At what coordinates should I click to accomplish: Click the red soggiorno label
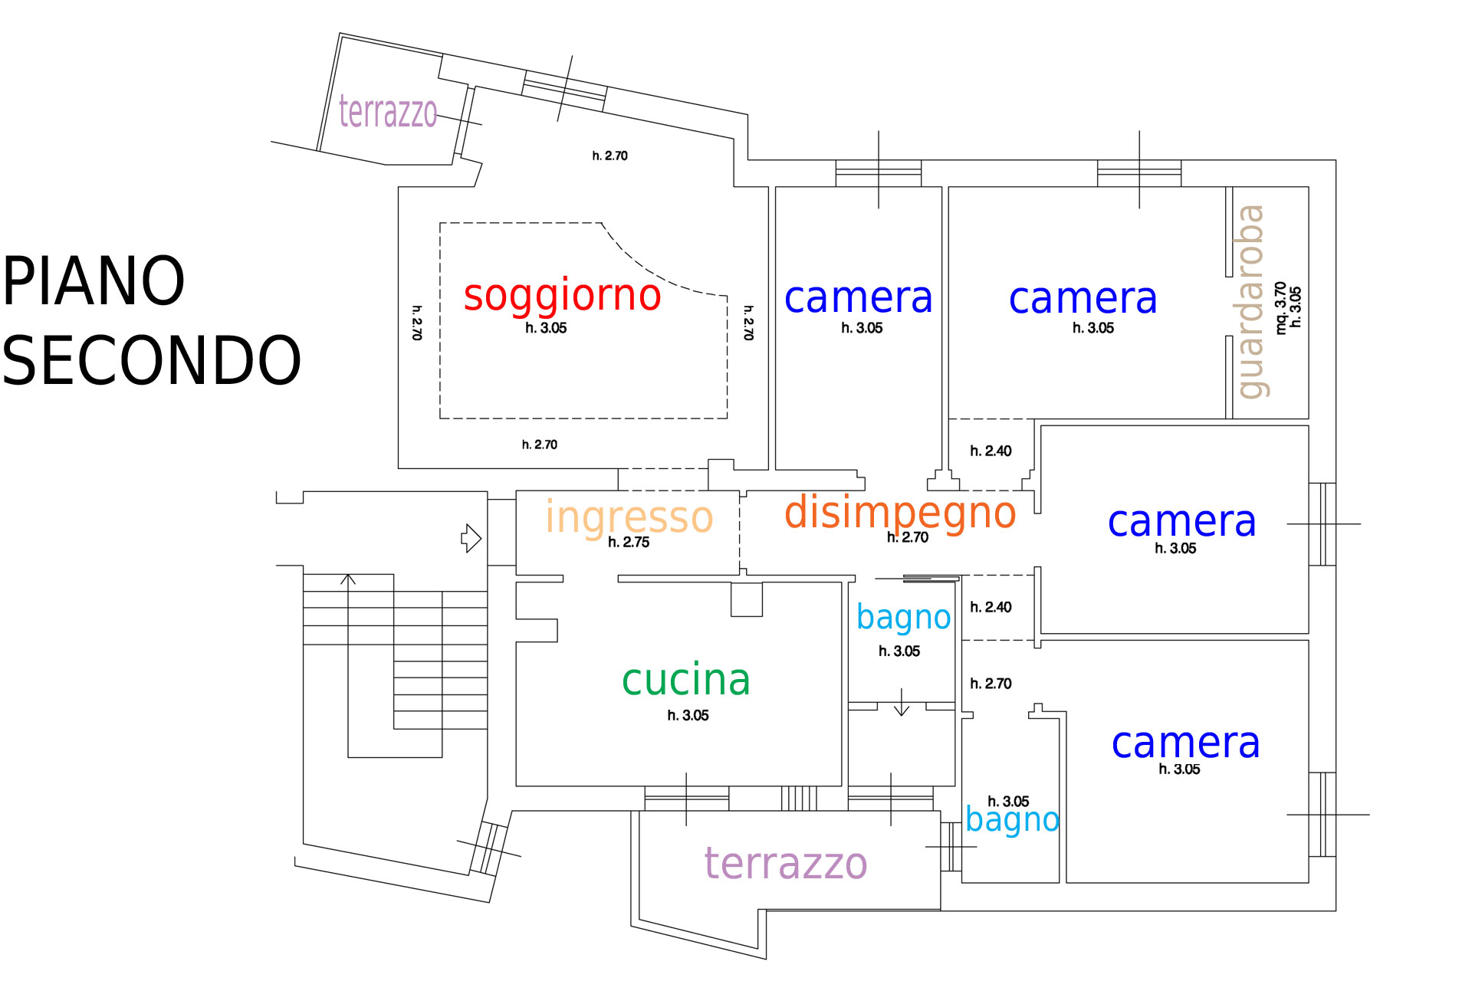tap(562, 296)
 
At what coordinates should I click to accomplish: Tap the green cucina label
tap(685, 680)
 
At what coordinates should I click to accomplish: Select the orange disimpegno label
tap(900, 513)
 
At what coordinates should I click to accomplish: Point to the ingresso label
tap(629, 517)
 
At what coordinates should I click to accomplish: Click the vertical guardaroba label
tap(1250, 301)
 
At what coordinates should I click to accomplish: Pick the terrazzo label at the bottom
tap(786, 864)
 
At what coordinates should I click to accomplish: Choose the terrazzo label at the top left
tap(388, 112)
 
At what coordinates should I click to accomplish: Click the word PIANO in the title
tap(94, 281)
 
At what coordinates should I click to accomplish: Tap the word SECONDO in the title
tap(151, 360)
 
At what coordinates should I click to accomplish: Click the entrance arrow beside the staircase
tap(471, 538)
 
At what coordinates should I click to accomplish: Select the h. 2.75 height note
tap(629, 543)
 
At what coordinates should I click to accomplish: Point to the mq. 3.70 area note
tap(1280, 307)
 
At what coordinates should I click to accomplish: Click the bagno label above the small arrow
tap(903, 618)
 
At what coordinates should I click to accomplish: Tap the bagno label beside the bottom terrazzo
tap(1012, 820)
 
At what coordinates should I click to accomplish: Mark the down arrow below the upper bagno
tap(902, 704)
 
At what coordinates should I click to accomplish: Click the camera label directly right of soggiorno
tap(858, 298)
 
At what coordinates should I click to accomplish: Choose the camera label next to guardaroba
tap(1083, 299)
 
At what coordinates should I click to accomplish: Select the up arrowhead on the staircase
tap(348, 579)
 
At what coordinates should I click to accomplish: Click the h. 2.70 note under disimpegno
tap(908, 538)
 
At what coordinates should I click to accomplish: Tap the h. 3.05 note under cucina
tap(688, 716)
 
